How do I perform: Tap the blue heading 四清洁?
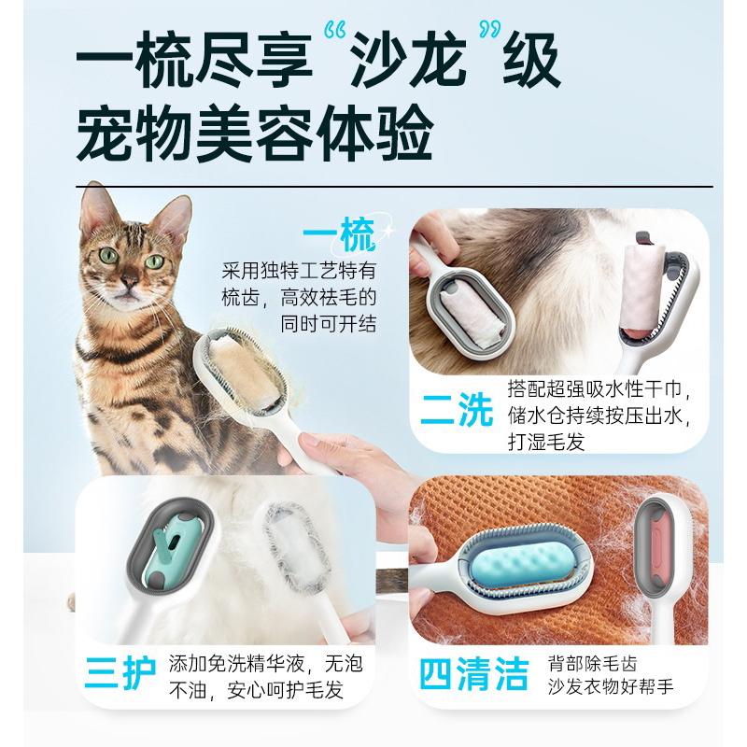[x=473, y=673]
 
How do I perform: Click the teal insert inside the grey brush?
[x=177, y=545]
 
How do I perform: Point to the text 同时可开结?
[x=329, y=324]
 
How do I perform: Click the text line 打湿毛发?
[x=547, y=441]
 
